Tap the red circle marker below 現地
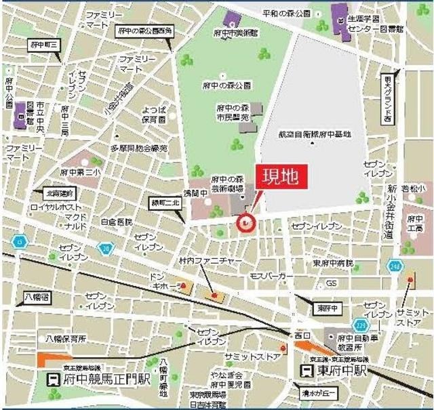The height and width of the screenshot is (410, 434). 245,222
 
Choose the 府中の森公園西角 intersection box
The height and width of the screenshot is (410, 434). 144,30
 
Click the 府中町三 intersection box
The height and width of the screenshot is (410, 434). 45,45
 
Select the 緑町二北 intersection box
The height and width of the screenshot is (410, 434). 165,203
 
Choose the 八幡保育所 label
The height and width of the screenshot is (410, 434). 65,337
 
